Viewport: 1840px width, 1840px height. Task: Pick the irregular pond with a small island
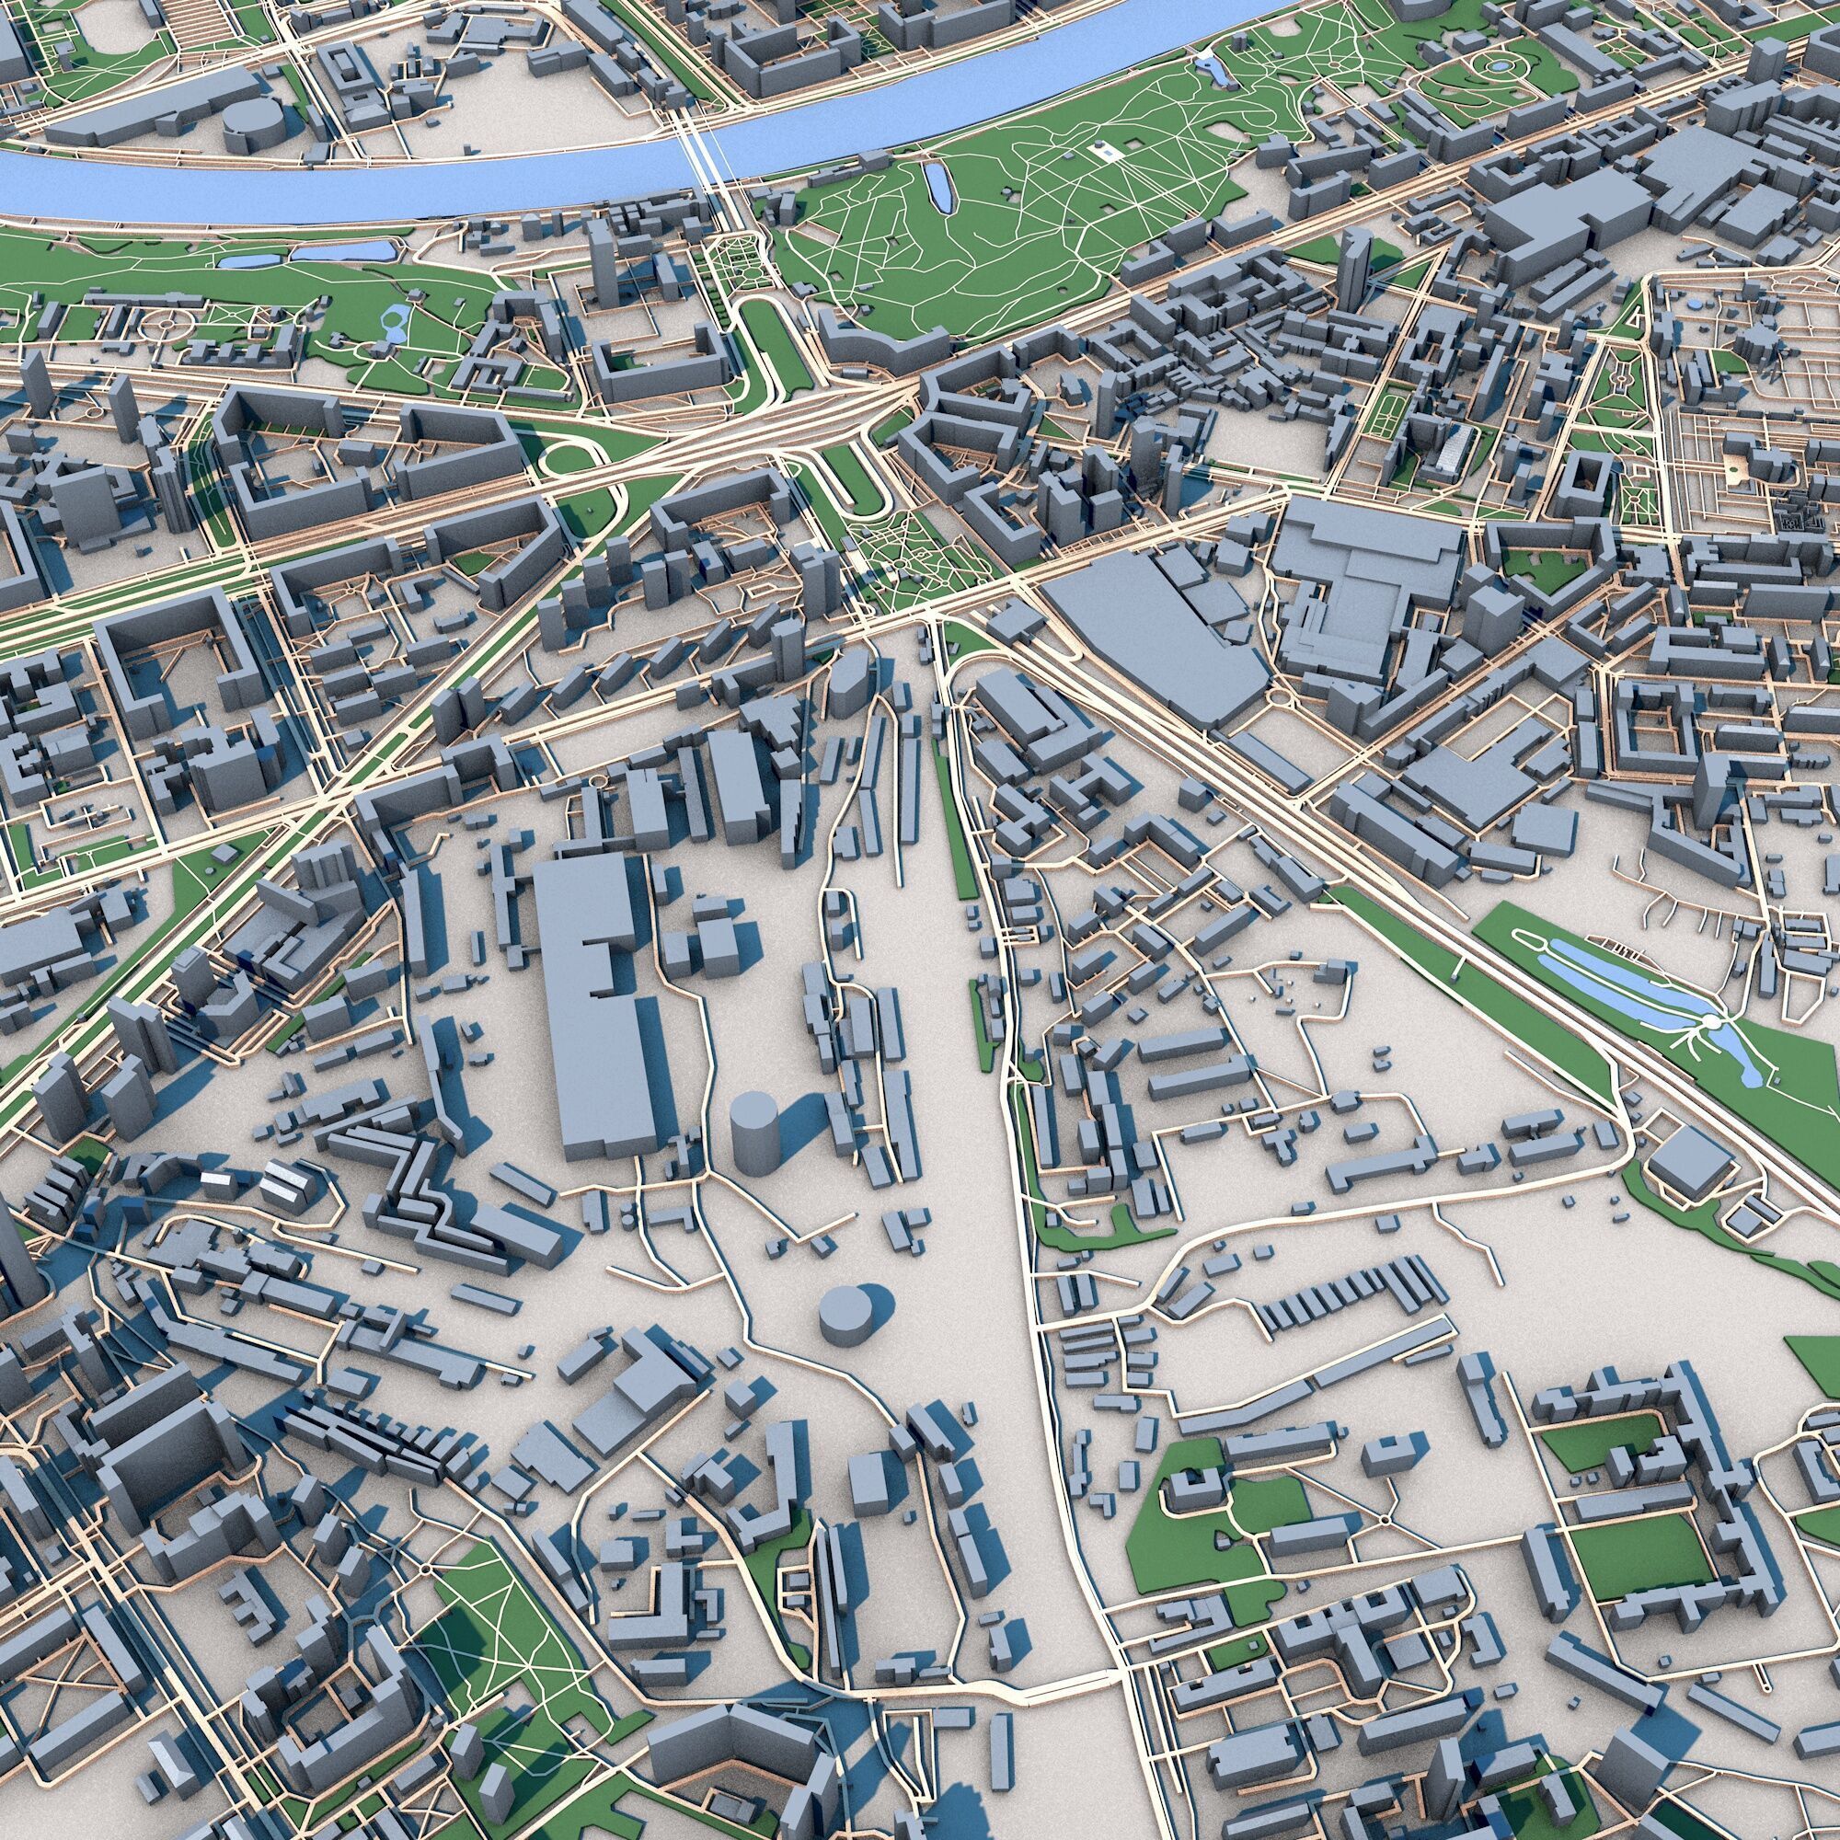click(391, 324)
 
